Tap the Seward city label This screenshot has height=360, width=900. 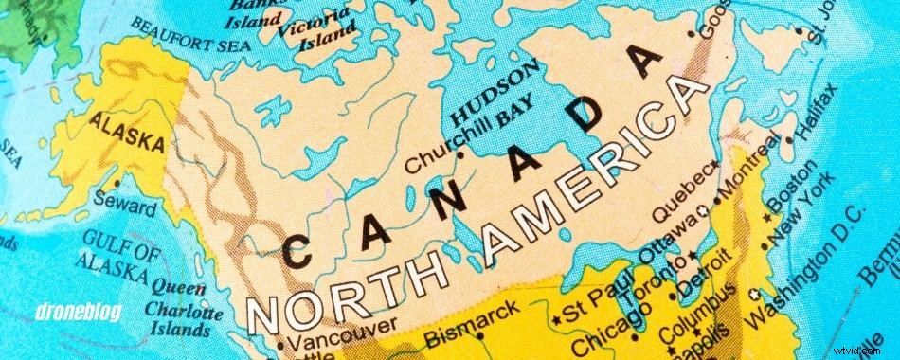pos(127,202)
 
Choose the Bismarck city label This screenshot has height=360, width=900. pos(472,320)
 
